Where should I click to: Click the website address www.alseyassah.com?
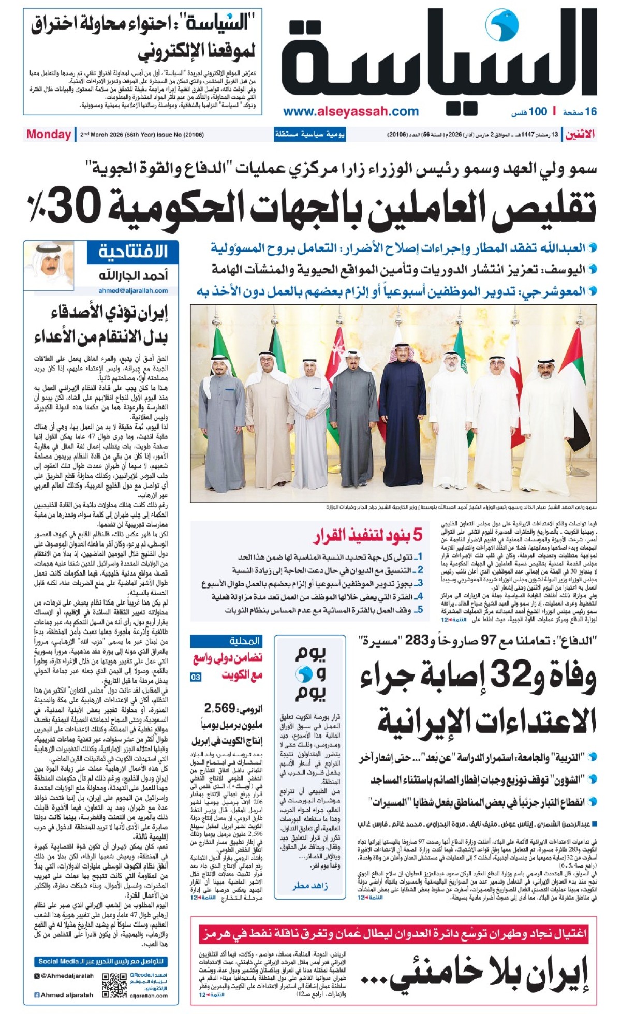pyautogui.click(x=351, y=111)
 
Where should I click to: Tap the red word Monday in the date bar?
pyautogui.click(x=49, y=135)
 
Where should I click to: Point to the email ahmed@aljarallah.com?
pyautogui.click(x=133, y=290)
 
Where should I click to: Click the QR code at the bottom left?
pyautogui.click(x=114, y=986)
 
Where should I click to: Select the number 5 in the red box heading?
pyautogui.click(x=417, y=535)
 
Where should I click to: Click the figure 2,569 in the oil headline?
pyautogui.click(x=220, y=708)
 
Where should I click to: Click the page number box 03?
pyautogui.click(x=196, y=677)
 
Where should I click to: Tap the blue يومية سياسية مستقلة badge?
pyautogui.click(x=309, y=135)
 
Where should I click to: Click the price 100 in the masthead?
pyautogui.click(x=538, y=111)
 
